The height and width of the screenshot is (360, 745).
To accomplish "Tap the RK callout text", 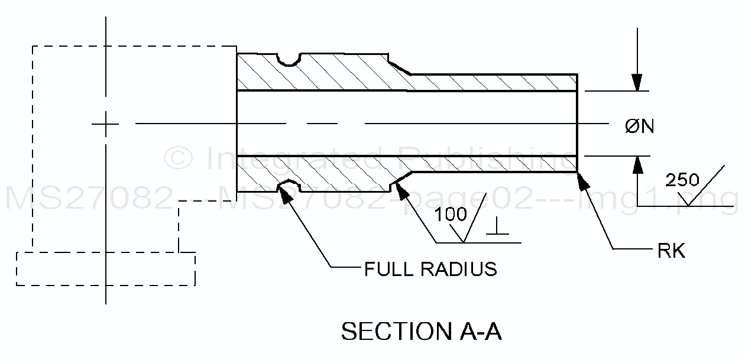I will pyautogui.click(x=671, y=251).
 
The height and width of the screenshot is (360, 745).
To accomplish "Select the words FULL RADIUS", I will pyautogui.click(x=430, y=269).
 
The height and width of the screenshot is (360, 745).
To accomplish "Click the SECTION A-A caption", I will pyautogui.click(x=421, y=331).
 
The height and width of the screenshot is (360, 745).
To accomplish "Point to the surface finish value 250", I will pyautogui.click(x=682, y=180).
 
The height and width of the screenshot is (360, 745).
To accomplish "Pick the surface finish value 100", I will pyautogui.click(x=451, y=215).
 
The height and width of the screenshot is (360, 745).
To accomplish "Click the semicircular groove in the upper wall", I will pyautogui.click(x=289, y=59).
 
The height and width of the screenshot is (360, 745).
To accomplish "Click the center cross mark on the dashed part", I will pyautogui.click(x=106, y=124).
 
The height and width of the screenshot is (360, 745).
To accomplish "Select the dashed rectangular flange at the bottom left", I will pyautogui.click(x=106, y=269).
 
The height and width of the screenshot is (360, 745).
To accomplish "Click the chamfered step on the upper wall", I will pyautogui.click(x=400, y=66).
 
